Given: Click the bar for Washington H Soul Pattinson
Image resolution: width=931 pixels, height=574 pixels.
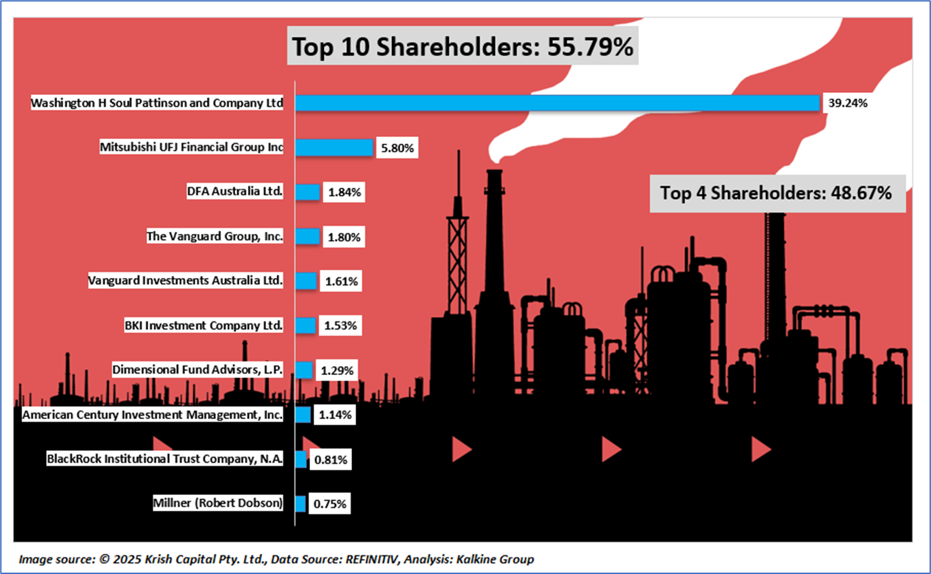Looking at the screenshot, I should pos(557,103).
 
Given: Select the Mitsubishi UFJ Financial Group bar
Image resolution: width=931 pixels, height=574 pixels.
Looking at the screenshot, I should pos(334,147).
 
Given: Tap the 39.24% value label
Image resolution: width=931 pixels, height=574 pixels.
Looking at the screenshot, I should pos(847,103).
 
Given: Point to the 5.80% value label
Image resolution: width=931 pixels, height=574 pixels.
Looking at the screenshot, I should pos(397,148).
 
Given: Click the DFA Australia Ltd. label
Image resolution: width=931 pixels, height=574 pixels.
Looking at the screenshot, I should pos(234,192).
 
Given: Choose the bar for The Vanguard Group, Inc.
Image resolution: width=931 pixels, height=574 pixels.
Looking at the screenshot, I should pos(307,237).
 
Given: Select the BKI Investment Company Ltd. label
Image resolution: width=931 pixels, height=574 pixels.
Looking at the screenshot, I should pos(204,325).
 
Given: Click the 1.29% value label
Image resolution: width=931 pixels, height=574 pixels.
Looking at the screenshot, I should pos(337,370).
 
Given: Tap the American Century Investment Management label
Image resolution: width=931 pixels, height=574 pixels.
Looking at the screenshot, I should pos(152,415).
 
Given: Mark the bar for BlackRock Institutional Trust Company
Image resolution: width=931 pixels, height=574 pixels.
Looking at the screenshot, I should pos(300,459).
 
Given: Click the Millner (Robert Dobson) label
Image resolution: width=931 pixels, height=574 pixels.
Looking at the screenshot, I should pos(217,503).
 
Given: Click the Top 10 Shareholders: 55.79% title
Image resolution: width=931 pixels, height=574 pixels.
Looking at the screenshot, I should pos(462,47).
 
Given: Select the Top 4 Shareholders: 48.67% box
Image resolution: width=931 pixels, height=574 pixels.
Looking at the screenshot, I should pos(776,193).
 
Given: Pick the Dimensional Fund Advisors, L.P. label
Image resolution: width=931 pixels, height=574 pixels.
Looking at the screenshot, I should pos(197,370).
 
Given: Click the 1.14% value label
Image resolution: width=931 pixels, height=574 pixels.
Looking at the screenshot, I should pos(335,415).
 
